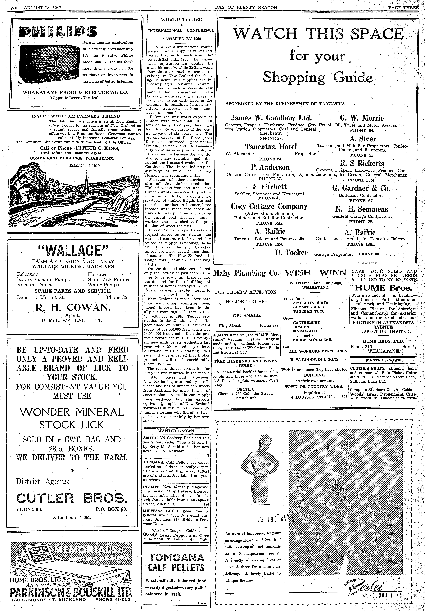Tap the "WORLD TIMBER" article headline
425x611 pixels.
pyautogui.click(x=182, y=19)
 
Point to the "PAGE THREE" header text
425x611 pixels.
pyautogui.click(x=403, y=7)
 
